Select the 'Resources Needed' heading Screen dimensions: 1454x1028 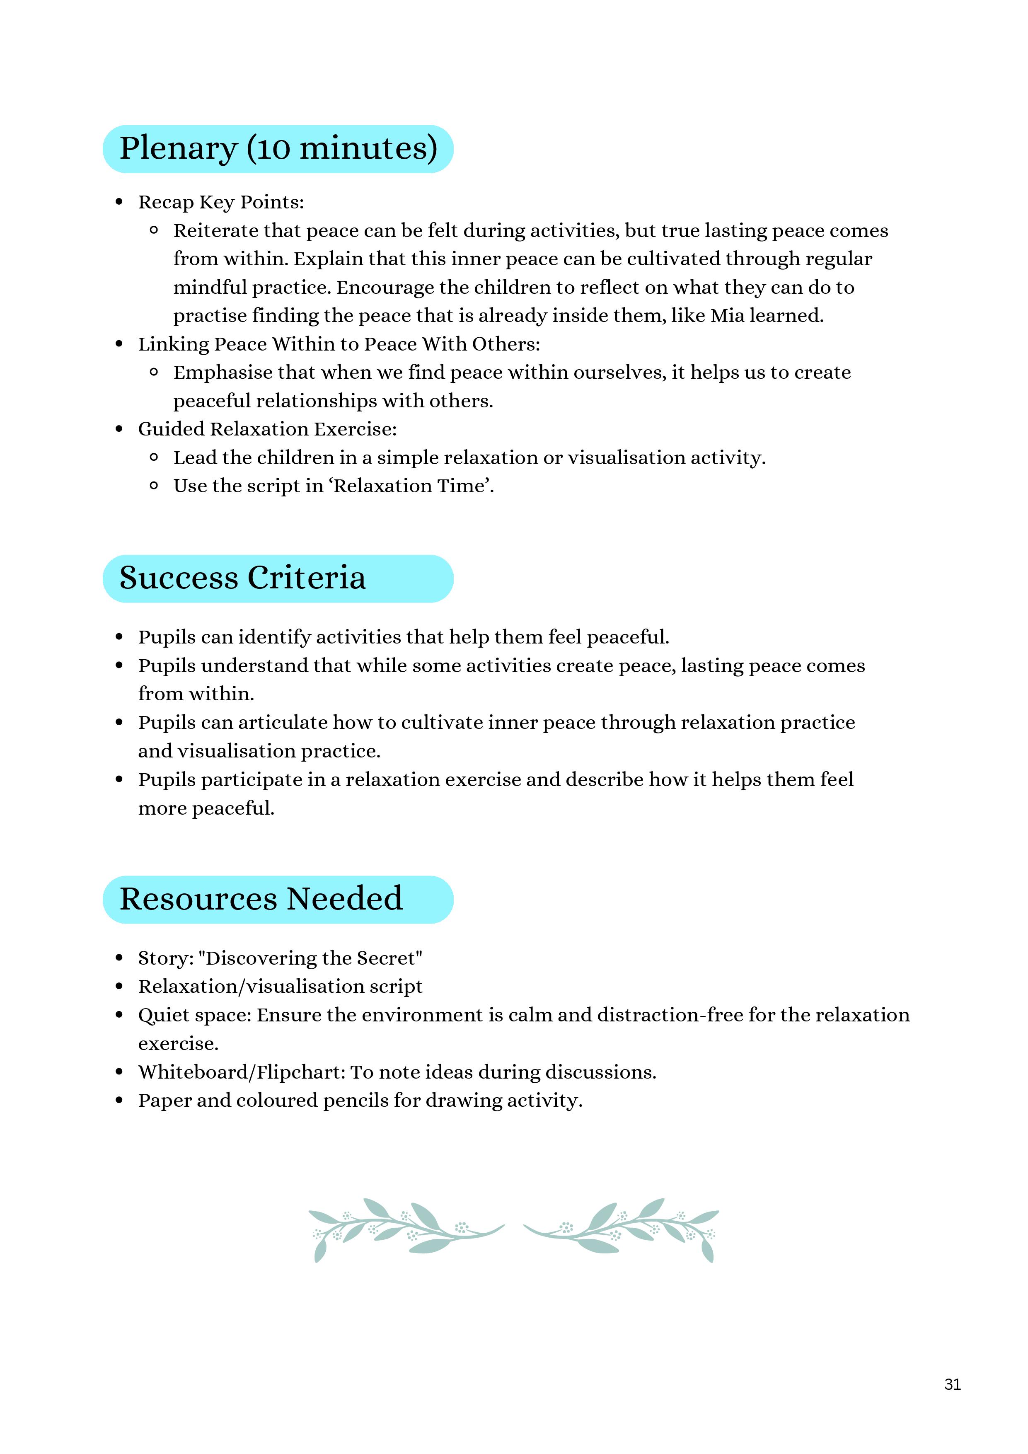tap(261, 899)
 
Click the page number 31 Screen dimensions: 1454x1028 tap(952, 1384)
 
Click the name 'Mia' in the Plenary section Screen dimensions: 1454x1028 tap(727, 315)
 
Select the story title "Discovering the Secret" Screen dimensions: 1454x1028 tap(310, 958)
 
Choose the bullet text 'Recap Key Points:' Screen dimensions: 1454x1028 tap(221, 202)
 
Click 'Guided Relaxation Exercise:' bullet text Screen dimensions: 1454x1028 tap(267, 429)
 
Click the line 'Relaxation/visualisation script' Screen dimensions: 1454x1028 tap(280, 986)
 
